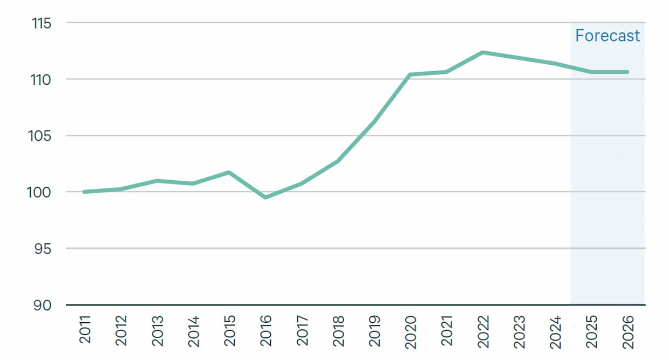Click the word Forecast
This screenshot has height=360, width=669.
coord(607,36)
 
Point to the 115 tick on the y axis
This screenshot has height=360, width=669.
coord(42,23)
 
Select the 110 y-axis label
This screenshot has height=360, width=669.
coord(42,80)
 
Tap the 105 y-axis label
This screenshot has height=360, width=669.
coord(42,136)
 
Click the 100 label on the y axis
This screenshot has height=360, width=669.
coord(42,192)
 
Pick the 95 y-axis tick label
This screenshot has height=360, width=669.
coord(43,249)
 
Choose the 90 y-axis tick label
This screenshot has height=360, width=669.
coord(43,305)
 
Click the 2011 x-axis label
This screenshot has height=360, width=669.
coord(85,330)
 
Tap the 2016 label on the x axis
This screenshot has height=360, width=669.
coord(265,330)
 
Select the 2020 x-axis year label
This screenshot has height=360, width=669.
coord(410,330)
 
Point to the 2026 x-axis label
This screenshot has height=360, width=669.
coord(627,330)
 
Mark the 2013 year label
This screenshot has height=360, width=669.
coord(157,330)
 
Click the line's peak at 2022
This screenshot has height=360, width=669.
coord(482,52)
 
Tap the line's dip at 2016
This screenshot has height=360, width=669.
coord(265,198)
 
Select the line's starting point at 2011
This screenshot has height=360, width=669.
coord(85,192)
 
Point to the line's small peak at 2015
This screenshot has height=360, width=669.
coord(229,172)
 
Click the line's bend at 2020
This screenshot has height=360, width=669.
coord(410,74)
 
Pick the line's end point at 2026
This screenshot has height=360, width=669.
coord(627,72)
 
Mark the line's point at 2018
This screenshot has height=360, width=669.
coord(338,161)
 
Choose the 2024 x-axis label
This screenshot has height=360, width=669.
coord(555,330)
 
